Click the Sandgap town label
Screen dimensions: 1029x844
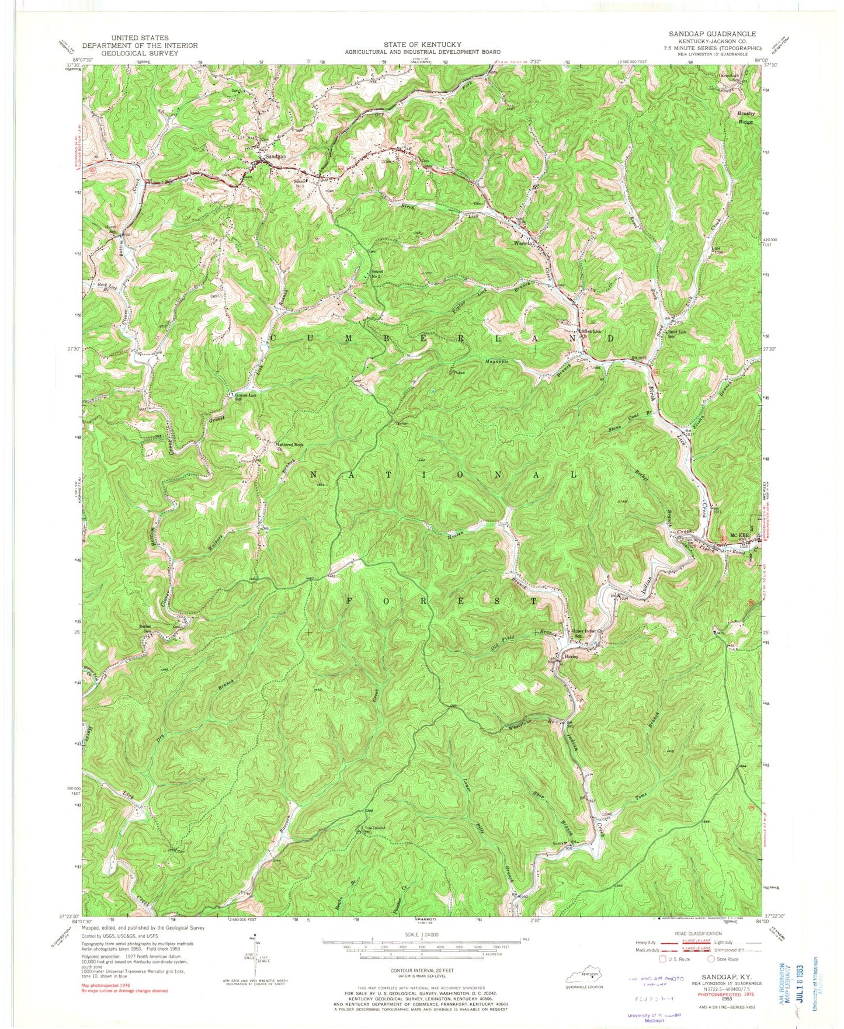275,157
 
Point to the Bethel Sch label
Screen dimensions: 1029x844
144,628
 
